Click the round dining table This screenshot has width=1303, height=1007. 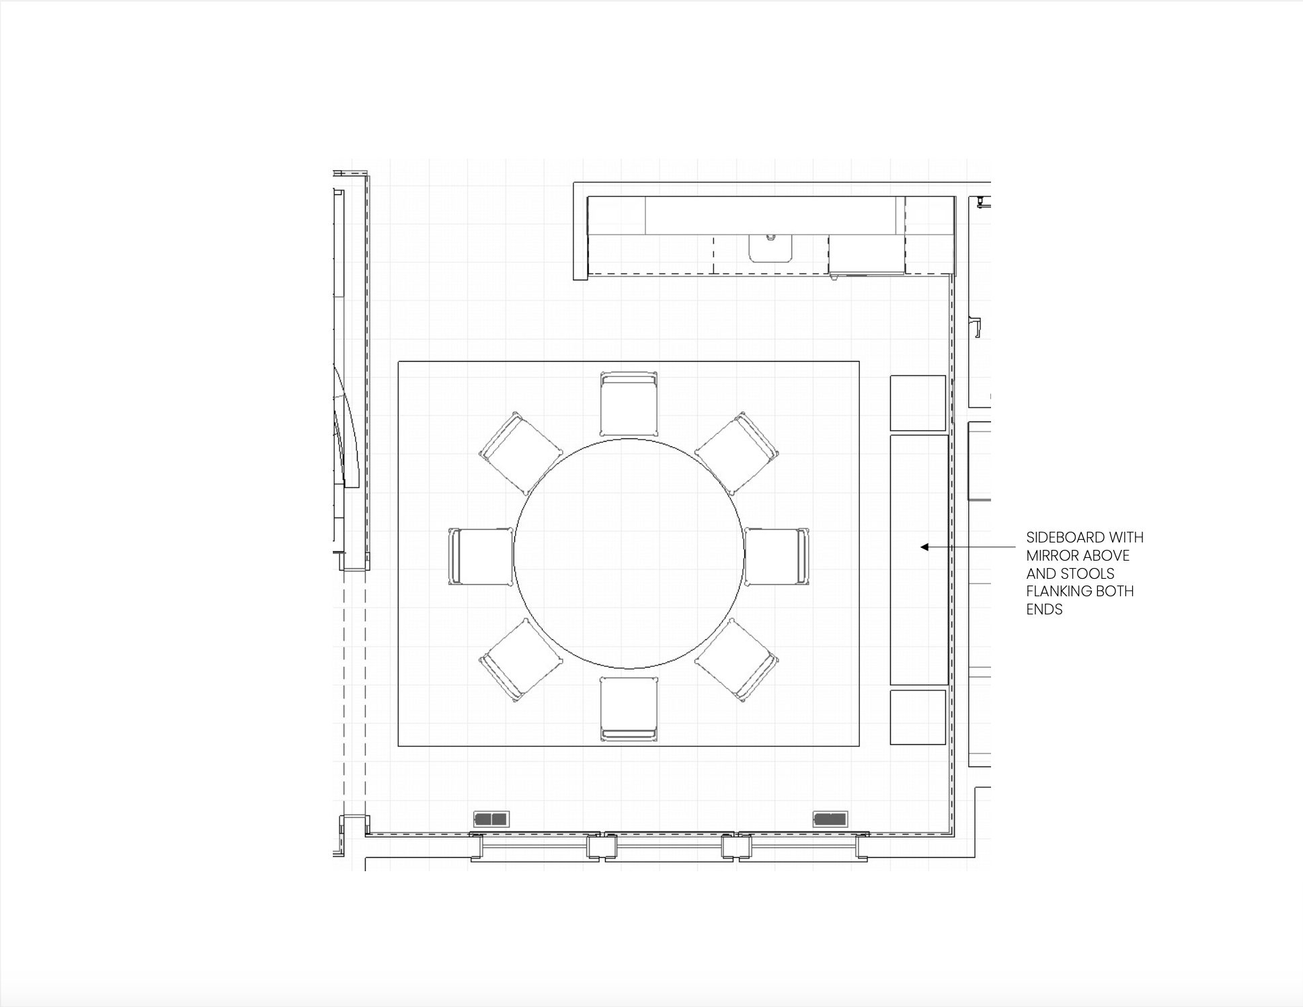click(x=629, y=554)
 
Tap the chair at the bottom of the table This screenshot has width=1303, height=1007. click(x=629, y=709)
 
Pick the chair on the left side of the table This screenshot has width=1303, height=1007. click(x=481, y=557)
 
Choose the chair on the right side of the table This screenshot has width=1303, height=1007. click(x=777, y=557)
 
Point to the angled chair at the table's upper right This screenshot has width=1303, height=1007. click(x=737, y=454)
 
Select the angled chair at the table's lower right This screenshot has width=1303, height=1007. click(x=737, y=659)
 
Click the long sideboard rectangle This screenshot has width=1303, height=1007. click(x=919, y=560)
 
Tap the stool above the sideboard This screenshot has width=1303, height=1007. click(x=918, y=403)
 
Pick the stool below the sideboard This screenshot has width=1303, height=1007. click(x=918, y=717)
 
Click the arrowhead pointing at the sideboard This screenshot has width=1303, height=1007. click(x=924, y=547)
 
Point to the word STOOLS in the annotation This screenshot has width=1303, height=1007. click(x=1087, y=574)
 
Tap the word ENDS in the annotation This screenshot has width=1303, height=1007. click(x=1044, y=610)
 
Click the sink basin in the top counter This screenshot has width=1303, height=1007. click(x=771, y=248)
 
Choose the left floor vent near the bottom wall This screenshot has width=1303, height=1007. click(x=491, y=819)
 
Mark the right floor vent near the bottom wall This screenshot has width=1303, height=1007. click(x=830, y=819)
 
